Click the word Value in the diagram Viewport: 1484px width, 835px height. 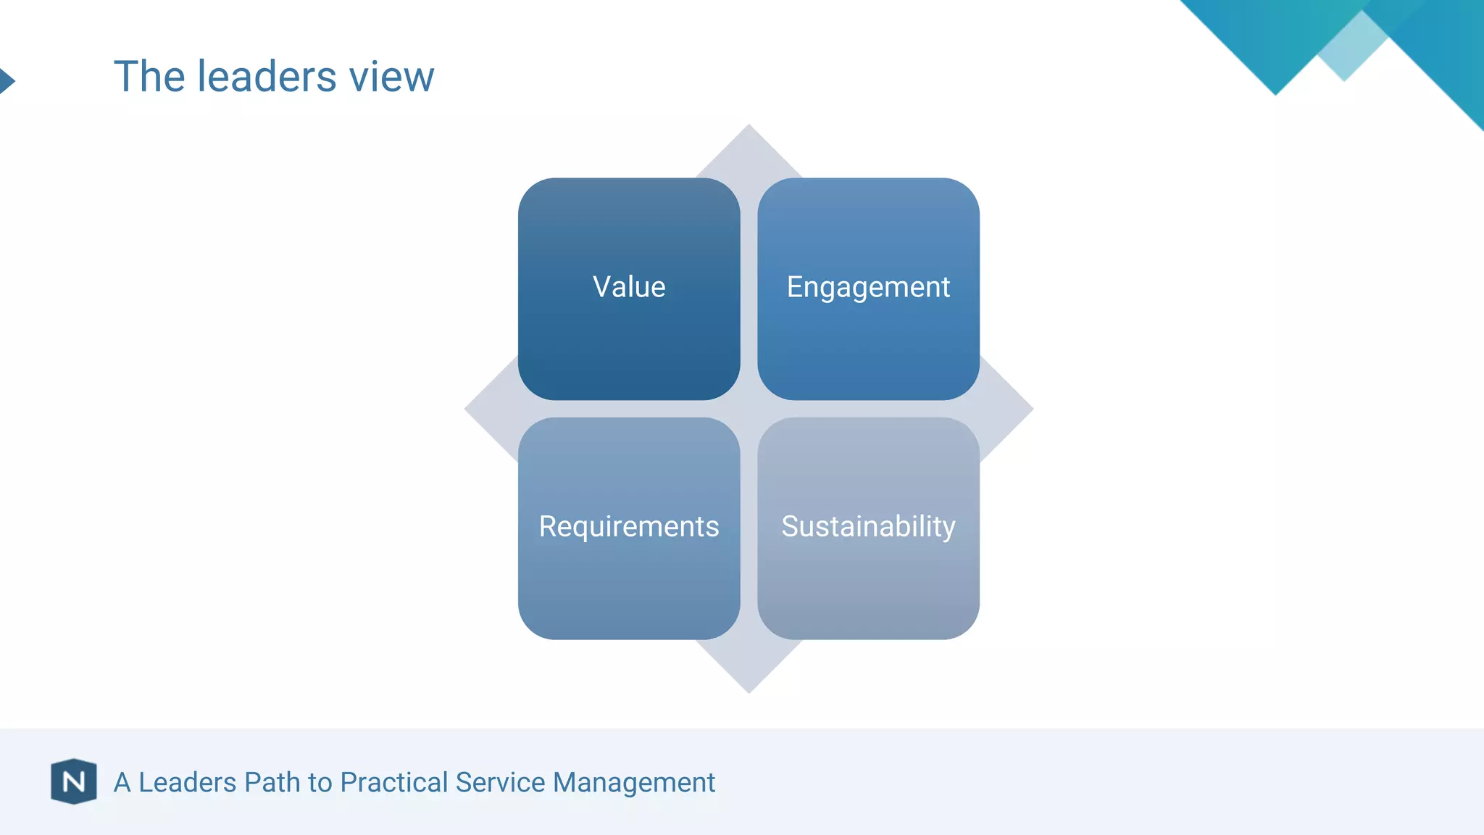(629, 287)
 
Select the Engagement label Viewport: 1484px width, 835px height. (868, 288)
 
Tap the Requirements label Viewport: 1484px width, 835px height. (629, 527)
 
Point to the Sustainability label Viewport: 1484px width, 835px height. (868, 527)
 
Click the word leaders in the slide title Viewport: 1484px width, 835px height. (267, 76)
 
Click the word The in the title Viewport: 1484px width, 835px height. (149, 76)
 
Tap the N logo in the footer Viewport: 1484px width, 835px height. (74, 781)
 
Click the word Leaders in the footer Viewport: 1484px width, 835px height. (187, 783)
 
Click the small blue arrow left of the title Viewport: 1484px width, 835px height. (6, 80)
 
